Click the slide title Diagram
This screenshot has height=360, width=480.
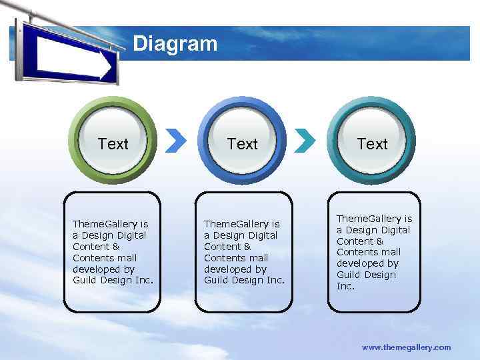(175, 44)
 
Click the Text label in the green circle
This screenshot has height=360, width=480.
(113, 144)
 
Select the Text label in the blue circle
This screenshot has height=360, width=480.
(242, 144)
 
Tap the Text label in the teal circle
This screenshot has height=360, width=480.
(372, 144)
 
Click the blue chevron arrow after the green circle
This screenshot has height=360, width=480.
(175, 140)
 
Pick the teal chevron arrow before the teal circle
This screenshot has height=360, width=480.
(305, 140)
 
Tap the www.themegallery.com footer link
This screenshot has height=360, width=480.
(406, 347)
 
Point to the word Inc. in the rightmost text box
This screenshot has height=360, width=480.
(345, 286)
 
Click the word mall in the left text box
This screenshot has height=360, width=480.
(127, 258)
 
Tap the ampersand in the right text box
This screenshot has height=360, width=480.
(380, 241)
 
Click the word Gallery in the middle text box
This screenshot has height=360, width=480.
(253, 224)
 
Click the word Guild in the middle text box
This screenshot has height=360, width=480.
(217, 281)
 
